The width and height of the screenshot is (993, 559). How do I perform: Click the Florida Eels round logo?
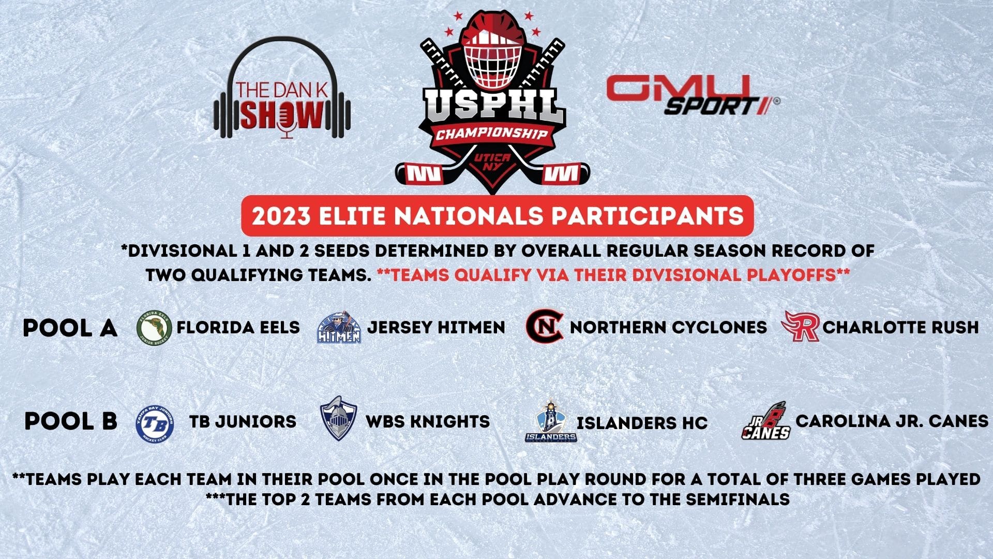[x=154, y=328]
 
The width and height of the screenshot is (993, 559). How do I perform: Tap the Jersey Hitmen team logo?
[x=339, y=328]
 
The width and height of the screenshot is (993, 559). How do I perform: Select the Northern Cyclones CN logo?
[x=545, y=327]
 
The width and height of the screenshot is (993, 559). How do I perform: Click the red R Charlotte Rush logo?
[x=801, y=326]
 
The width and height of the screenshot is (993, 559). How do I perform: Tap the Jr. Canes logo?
[x=766, y=421]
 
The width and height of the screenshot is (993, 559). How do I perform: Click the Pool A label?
[x=70, y=328]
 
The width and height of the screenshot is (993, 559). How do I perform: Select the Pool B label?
[x=71, y=421]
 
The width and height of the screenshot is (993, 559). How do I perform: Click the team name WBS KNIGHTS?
[x=428, y=421]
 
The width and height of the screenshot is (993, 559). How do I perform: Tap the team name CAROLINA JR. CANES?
[x=892, y=421]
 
